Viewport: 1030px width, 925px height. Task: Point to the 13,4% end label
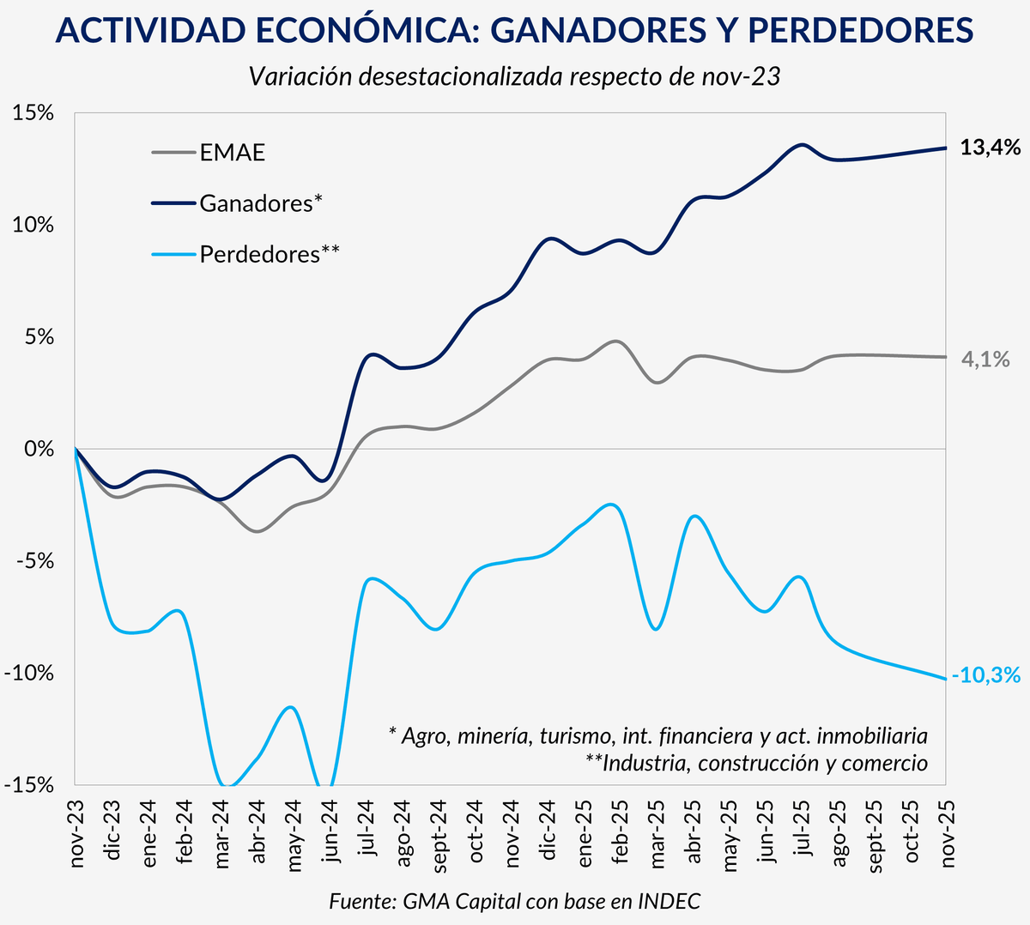tap(990, 148)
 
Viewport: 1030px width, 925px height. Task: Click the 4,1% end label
tap(985, 360)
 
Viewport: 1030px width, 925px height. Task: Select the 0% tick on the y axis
tap(41, 449)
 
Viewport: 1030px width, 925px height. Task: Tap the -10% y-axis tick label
tap(30, 673)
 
